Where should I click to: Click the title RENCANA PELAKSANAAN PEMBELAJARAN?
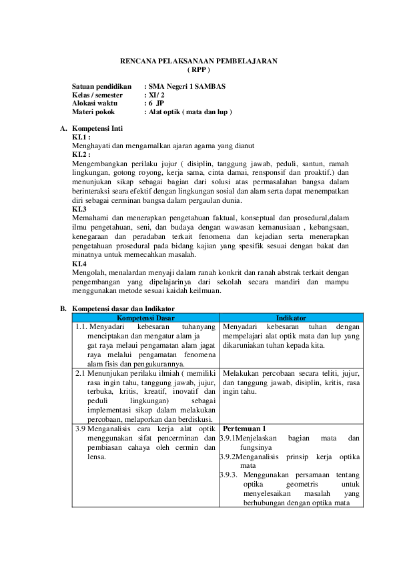point(199,61)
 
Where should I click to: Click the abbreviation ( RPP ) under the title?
point(199,70)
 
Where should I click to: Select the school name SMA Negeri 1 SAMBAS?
point(187,86)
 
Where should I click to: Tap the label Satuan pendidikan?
point(102,86)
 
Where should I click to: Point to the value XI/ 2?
point(157,95)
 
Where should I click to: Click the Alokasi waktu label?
point(95,103)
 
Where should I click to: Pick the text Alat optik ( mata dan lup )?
point(190,112)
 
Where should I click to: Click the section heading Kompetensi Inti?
point(97,128)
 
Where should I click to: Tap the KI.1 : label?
point(81,137)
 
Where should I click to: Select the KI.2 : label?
point(81,154)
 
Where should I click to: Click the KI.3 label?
point(79,209)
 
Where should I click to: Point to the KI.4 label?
point(79,264)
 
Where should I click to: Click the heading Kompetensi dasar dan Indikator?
point(123,308)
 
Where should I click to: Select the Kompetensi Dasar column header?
point(146,318)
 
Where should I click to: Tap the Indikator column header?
point(292,318)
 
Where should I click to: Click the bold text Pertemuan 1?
point(244,429)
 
